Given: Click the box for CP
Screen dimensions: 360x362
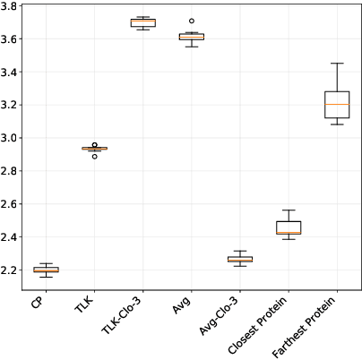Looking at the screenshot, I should coord(46,269).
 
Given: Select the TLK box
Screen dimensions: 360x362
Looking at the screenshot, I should coord(94,148).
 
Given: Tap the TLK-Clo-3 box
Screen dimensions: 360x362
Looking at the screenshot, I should coord(142,22).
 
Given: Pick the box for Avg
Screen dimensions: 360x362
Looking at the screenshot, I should coord(191,37).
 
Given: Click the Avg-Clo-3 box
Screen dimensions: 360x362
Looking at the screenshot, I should coord(239,259).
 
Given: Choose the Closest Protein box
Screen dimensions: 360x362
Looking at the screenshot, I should coord(288,227).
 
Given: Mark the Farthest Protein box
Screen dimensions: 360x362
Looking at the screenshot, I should coord(337,104).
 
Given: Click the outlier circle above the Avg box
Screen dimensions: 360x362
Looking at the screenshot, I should coord(191,21).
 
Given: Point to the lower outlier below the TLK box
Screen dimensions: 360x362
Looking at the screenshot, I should coord(94,157).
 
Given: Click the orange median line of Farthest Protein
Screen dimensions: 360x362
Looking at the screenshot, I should coord(337,105).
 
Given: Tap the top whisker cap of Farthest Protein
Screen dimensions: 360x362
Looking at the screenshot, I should coord(337,64).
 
